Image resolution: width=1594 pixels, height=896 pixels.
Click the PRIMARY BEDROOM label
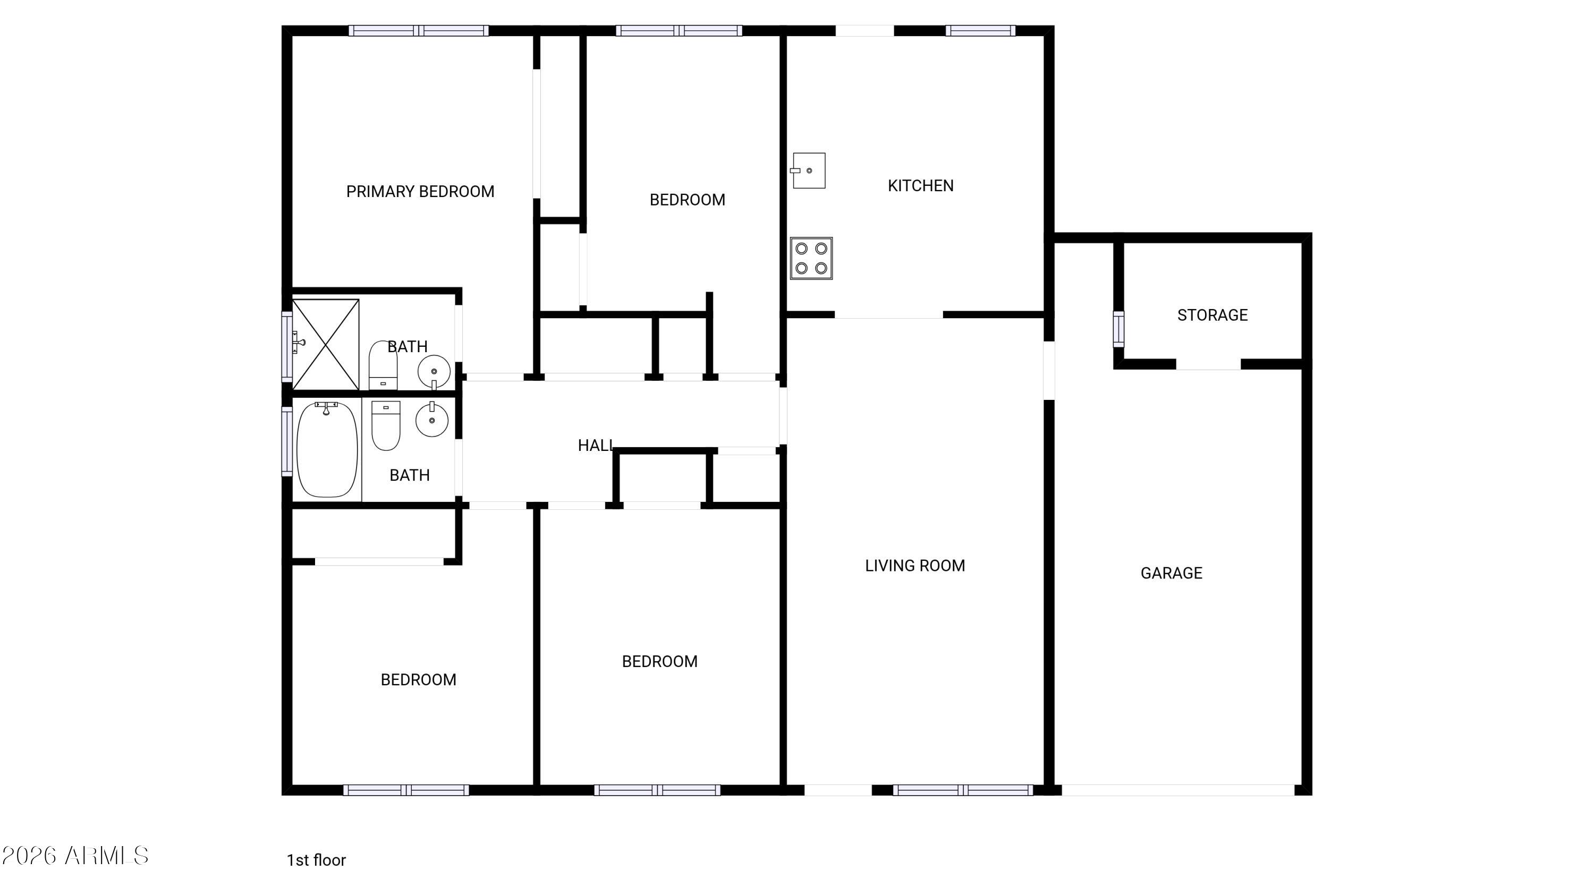[x=420, y=192]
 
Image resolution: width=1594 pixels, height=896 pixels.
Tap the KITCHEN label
[x=920, y=185]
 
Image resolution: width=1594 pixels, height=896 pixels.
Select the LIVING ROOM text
[x=914, y=565]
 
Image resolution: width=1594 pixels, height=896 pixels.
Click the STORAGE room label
[x=1212, y=315]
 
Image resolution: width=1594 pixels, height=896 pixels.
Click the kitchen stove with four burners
[x=811, y=258]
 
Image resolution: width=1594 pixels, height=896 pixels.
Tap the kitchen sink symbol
[x=809, y=170]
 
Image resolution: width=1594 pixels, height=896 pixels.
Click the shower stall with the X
[x=326, y=344]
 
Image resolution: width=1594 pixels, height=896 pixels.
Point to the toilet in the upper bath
[x=383, y=365]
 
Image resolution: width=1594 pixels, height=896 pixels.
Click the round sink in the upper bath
[x=434, y=372]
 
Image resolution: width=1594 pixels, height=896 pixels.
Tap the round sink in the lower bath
[x=432, y=420]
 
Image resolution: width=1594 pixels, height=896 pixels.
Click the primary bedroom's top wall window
[x=419, y=30]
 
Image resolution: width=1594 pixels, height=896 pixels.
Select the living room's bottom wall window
[x=963, y=790]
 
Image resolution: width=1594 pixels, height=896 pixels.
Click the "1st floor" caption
[x=316, y=860]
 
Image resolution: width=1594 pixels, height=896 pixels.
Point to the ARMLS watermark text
[x=75, y=856]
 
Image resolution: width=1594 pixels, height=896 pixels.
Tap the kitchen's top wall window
[x=981, y=30]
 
